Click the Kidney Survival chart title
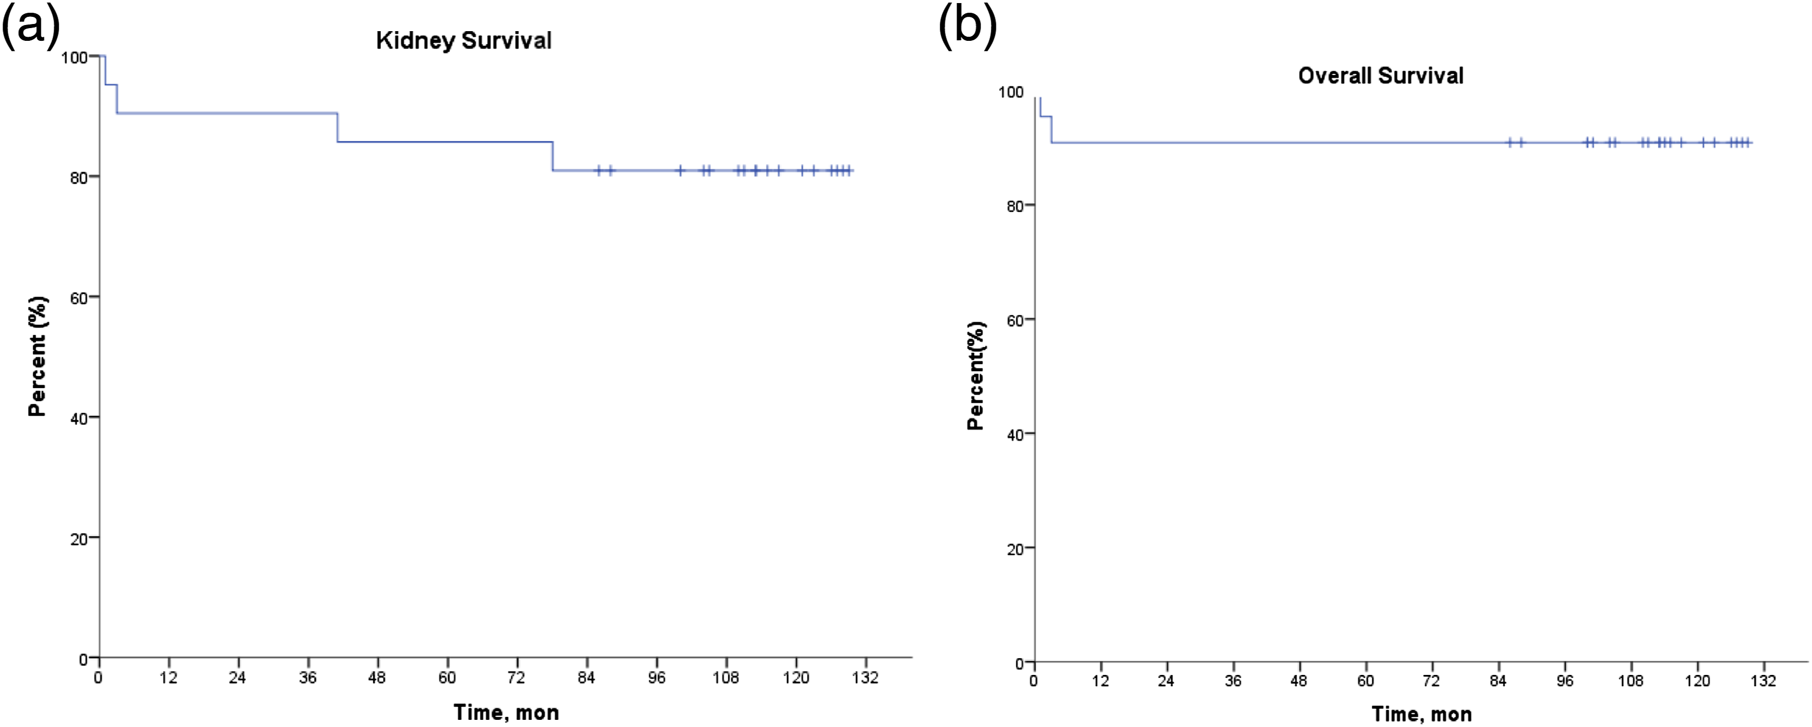464,41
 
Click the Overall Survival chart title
1380,76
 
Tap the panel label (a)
31,28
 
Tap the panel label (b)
968,28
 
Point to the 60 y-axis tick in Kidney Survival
78,298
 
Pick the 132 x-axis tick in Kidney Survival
865,678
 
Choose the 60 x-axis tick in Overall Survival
1365,681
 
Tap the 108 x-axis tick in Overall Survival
1631,681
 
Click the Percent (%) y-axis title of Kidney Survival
37,356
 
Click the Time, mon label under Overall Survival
1422,714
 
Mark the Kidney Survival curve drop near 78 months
553,156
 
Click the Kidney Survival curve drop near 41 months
338,127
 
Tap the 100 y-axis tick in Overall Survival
1011,92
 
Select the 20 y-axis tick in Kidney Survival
78,539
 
